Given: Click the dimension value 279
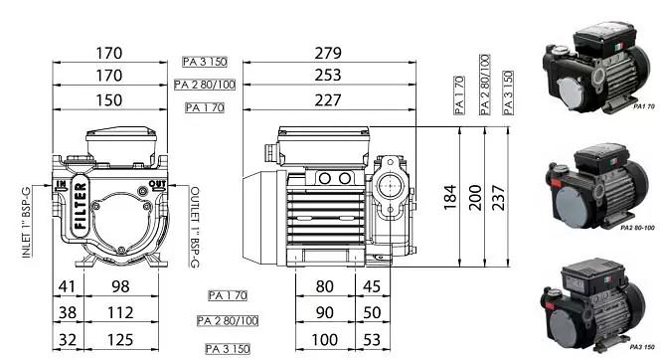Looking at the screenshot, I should pos(327,53).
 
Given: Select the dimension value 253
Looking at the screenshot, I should pos(327,76).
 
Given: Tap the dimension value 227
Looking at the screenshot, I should pos(327,99).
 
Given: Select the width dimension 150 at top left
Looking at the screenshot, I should pos(109,99).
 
